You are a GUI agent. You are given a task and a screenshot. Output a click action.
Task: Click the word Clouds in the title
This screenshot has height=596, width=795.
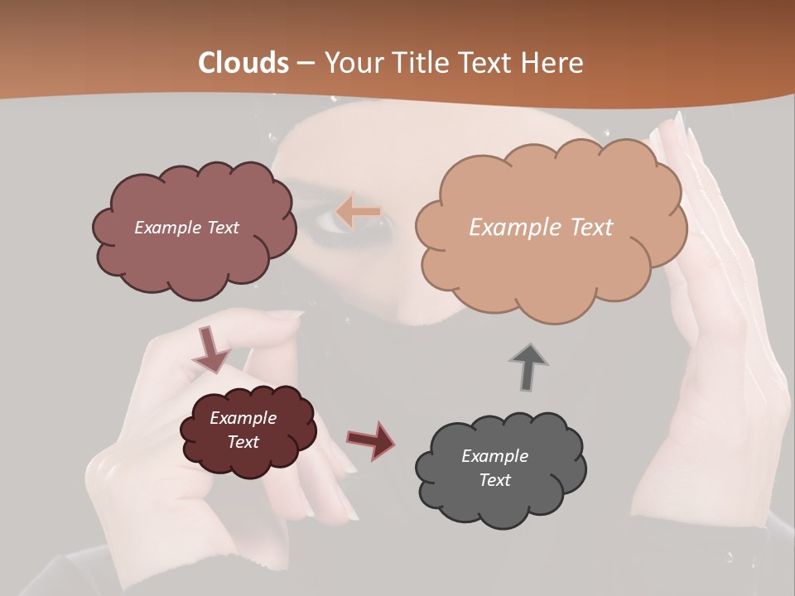(x=243, y=63)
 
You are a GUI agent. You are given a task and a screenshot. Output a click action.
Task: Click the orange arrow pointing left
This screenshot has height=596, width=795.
(x=358, y=213)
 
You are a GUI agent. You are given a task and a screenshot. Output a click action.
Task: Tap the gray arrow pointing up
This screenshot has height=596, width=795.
(x=528, y=366)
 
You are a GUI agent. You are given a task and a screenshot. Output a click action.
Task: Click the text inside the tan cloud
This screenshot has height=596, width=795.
(x=541, y=228)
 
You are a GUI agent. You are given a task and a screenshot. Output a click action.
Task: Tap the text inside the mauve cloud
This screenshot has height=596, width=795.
(x=186, y=228)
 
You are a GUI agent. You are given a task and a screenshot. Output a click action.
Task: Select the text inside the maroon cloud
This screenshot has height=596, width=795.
(x=243, y=430)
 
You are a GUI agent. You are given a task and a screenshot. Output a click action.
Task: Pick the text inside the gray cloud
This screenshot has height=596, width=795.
(x=494, y=468)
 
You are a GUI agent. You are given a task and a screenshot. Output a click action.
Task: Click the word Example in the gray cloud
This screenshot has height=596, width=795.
(x=494, y=456)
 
